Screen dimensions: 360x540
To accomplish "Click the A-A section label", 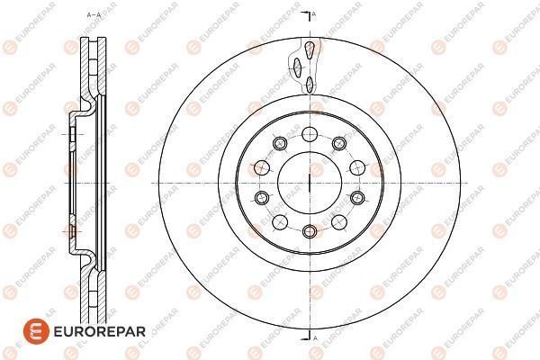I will click(92, 15).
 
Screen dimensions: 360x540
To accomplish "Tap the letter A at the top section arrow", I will click(315, 14).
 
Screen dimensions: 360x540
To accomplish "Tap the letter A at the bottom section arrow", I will click(315, 337).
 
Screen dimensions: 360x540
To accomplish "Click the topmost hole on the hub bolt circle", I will click(309, 134).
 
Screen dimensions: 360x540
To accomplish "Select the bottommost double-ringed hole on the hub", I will click(309, 231).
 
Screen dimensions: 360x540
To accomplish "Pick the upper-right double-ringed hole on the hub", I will click(339, 144).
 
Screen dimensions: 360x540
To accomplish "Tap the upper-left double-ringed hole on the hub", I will click(278, 144).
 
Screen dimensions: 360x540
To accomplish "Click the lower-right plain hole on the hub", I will click(339, 221).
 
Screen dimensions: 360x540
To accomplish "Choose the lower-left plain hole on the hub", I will click(278, 221).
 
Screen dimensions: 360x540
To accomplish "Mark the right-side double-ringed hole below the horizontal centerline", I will click(356, 198).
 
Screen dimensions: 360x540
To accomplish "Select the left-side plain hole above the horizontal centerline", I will click(262, 166).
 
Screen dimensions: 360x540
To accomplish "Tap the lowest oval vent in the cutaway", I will click(309, 85).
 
